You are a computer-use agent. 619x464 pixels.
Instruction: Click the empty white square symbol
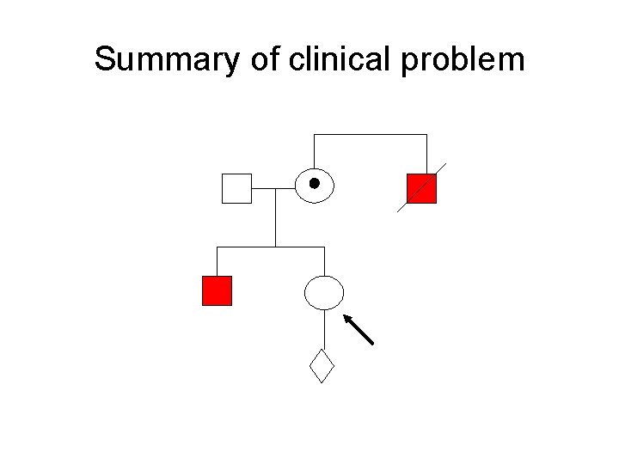coord(236,188)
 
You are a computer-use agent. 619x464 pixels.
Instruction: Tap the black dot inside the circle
coord(315,183)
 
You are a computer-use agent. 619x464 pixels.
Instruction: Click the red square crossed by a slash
coord(421,188)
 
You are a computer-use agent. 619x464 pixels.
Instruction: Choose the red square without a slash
coord(217,291)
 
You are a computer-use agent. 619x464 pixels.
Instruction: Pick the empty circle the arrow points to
coord(324,292)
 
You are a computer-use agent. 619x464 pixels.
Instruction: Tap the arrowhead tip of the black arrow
coord(346,316)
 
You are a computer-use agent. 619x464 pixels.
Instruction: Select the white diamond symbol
coord(322,366)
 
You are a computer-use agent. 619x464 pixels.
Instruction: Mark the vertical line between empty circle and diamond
coord(324,329)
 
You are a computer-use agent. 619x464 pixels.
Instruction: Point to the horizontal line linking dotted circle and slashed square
coord(370,135)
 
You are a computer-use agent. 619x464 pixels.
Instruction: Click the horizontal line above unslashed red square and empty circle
coord(271,247)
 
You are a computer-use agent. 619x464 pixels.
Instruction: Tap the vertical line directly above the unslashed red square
coord(217,261)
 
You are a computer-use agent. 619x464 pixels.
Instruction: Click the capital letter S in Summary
coord(105,60)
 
